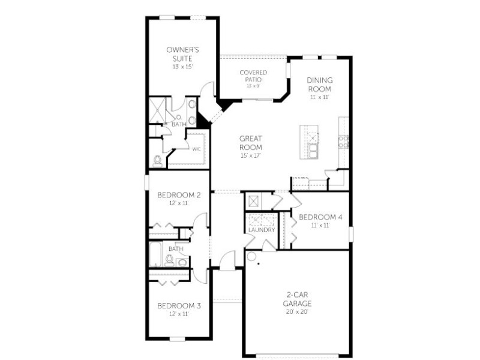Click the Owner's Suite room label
click(x=182, y=54)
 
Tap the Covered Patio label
click(x=253, y=76)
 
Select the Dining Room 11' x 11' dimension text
click(x=320, y=97)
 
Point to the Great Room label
click(x=251, y=143)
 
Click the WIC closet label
click(x=197, y=149)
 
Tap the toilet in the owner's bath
click(x=158, y=161)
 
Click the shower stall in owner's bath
click(x=157, y=110)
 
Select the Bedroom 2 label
click(x=179, y=195)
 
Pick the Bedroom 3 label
click(x=179, y=306)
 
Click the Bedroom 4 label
click(x=320, y=217)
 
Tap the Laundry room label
click(x=262, y=230)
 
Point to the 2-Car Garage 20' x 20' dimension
click(x=297, y=312)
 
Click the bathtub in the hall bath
click(x=155, y=254)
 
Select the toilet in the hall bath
click(x=169, y=260)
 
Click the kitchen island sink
click(x=313, y=151)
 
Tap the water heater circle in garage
click(x=251, y=257)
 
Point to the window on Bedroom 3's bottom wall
click(x=177, y=338)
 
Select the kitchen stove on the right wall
click(x=343, y=142)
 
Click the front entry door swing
click(x=227, y=260)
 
